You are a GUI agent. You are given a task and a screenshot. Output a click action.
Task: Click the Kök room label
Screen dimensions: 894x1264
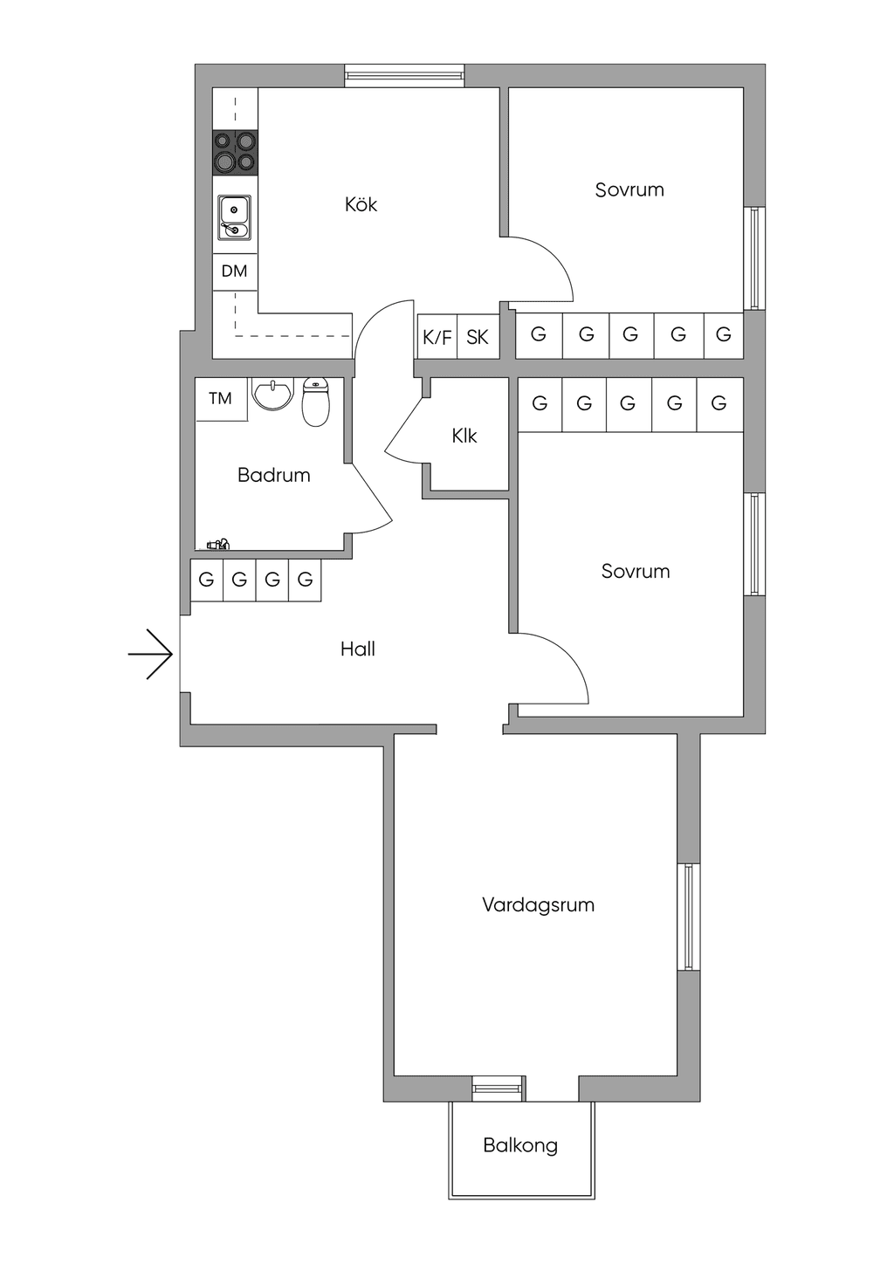point(361,204)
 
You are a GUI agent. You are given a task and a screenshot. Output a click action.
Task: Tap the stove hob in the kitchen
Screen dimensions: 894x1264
point(236,153)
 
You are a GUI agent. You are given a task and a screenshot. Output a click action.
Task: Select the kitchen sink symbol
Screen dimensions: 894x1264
point(235,218)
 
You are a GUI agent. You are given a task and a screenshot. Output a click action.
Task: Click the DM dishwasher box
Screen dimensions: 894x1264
point(235,272)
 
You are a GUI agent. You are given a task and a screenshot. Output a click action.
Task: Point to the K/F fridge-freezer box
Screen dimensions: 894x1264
point(437,337)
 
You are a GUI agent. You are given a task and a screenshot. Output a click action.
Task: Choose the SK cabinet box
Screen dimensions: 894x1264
point(478,337)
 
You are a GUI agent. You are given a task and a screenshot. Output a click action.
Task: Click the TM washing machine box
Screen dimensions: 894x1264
point(221,399)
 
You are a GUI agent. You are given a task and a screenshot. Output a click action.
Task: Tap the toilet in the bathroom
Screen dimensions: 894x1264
point(316,402)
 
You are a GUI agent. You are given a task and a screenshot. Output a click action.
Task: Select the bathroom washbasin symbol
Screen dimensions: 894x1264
point(273,394)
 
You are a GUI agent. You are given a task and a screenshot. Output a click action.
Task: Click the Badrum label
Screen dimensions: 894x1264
point(274,475)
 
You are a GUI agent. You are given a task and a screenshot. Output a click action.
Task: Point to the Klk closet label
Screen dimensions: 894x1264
point(464,436)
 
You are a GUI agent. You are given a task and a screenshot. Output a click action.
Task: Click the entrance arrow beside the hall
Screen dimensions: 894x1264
point(150,654)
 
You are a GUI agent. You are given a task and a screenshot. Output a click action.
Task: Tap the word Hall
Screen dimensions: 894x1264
point(358,649)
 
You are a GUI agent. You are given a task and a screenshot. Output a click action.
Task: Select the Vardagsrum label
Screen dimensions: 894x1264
point(539,904)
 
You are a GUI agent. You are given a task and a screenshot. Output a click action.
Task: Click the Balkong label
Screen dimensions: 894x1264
point(520,1145)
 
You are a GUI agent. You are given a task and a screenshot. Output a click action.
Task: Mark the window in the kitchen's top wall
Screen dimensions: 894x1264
point(405,76)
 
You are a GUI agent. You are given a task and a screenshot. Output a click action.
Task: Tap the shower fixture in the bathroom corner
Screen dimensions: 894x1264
point(218,545)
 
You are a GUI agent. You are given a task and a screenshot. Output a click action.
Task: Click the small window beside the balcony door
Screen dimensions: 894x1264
point(498,1089)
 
